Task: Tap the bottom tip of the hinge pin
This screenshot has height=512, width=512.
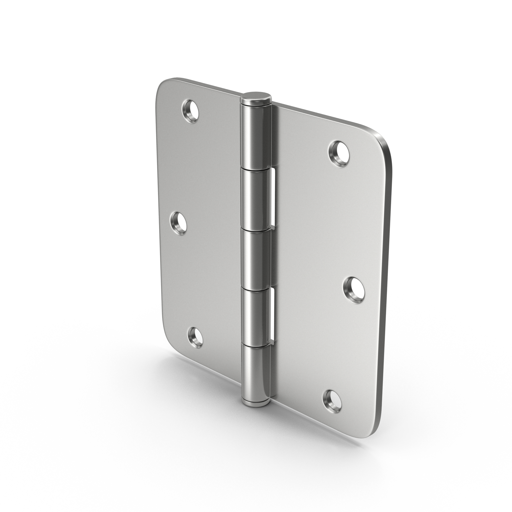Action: tap(255, 411)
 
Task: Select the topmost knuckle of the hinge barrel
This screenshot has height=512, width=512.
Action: tap(255, 135)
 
